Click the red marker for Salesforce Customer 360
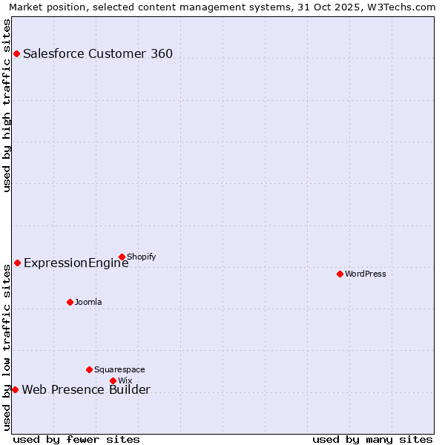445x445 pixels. pos(16,53)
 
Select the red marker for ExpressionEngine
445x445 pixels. pos(17,263)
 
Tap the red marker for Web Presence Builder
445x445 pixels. pos(15,389)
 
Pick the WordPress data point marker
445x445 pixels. pos(340,274)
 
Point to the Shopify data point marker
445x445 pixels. pos(122,257)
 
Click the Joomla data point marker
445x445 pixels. pos(70,302)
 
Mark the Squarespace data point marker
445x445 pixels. pos(89,369)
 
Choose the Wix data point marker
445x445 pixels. pos(113,380)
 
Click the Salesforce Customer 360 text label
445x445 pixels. pos(98,53)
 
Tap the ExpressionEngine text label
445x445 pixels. pos(76,263)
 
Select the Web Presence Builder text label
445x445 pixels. pos(86,390)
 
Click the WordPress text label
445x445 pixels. pos(366,274)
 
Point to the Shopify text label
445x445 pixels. pos(141,257)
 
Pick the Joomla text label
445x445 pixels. pos(88,302)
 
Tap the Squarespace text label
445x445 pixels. pos(119,369)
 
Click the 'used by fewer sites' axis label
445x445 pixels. pos(76,439)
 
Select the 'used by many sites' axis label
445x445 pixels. pos(372,439)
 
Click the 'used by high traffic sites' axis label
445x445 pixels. pos(7,105)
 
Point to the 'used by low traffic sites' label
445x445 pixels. pos(7,347)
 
